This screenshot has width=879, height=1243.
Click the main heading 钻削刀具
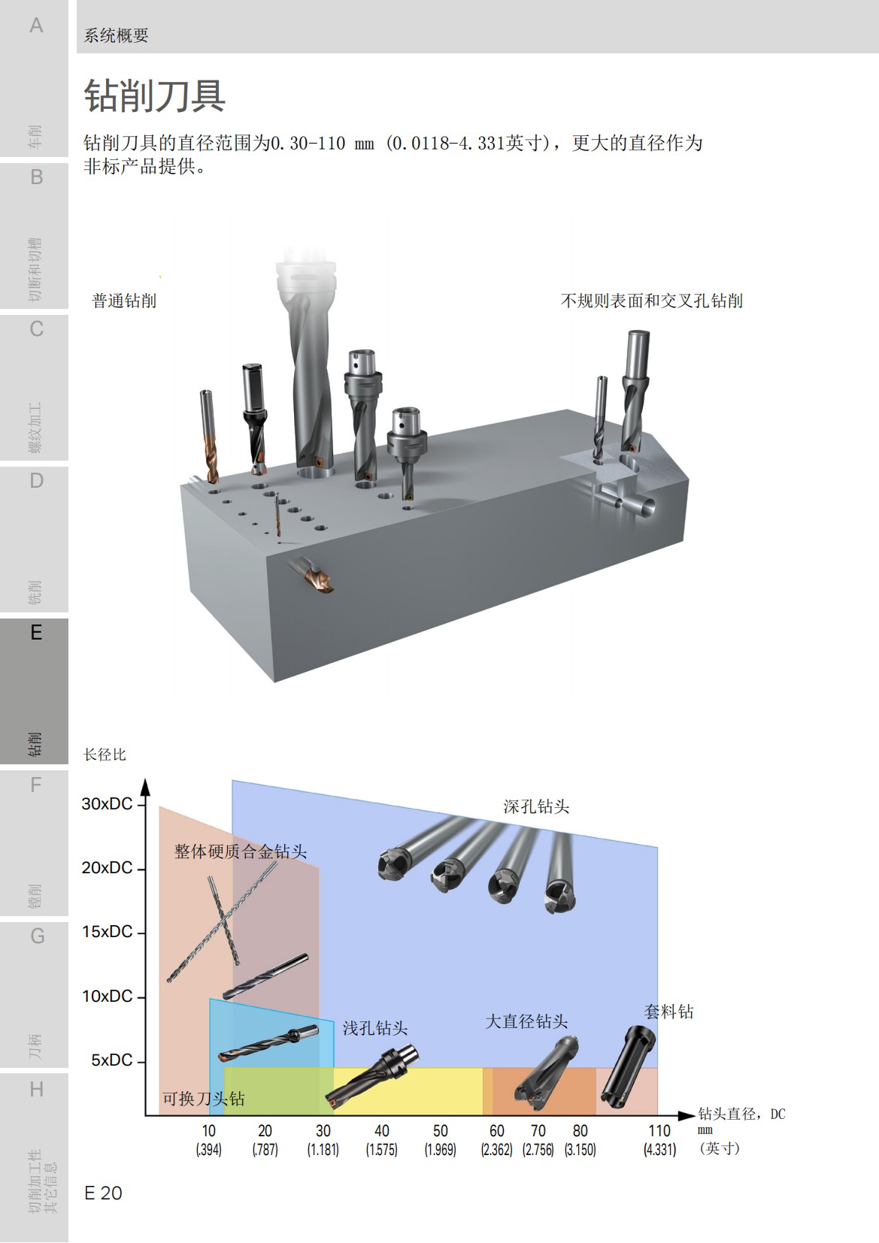154,96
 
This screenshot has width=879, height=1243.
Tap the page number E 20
103,1193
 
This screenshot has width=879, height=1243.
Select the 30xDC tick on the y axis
107,803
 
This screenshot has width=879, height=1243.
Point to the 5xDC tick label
111,1060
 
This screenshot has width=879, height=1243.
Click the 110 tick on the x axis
659,1130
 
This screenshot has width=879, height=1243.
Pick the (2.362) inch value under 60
496,1150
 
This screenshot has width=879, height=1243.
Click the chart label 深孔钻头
535,806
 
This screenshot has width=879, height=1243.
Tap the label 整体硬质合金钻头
241,851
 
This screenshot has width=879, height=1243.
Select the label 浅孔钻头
375,1028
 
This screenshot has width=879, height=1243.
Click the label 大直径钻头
526,1021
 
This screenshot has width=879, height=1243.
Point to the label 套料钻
668,1012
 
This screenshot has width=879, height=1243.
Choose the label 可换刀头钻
203,1099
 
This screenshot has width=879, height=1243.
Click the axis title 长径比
105,755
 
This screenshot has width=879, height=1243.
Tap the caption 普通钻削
124,301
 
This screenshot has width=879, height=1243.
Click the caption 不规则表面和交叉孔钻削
651,301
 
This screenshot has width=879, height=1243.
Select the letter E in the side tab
36,633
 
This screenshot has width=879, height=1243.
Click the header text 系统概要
116,35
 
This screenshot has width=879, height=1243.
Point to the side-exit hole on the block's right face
644,507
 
